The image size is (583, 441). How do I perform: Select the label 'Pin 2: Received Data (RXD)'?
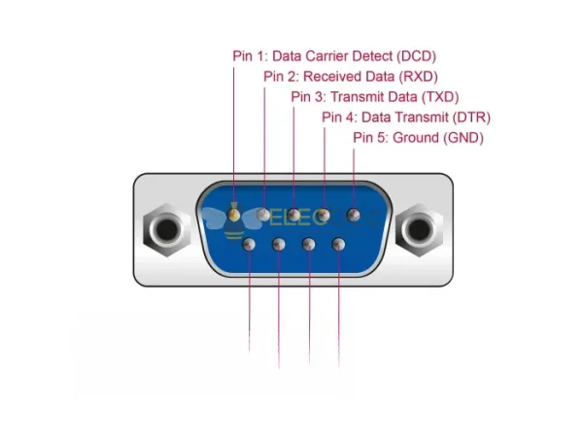[x=351, y=76]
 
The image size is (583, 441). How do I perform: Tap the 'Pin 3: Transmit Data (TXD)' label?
[x=374, y=96]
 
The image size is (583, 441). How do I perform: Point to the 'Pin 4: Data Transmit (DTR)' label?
[x=405, y=118]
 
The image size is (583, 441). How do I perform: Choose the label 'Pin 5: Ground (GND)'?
[x=418, y=138]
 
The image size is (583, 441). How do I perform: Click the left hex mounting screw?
[x=162, y=230]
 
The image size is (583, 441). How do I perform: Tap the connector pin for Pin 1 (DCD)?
[x=234, y=211]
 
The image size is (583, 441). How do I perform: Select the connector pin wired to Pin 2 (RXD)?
[x=264, y=213]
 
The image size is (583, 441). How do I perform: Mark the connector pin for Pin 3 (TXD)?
[x=293, y=213]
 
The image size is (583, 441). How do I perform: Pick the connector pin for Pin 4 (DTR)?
[x=324, y=213]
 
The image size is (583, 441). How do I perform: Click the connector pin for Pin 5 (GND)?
[x=353, y=213]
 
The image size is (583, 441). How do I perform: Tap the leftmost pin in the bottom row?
[x=250, y=243]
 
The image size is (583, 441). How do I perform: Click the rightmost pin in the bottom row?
[x=338, y=243]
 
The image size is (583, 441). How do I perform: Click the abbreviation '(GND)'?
[x=463, y=138]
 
